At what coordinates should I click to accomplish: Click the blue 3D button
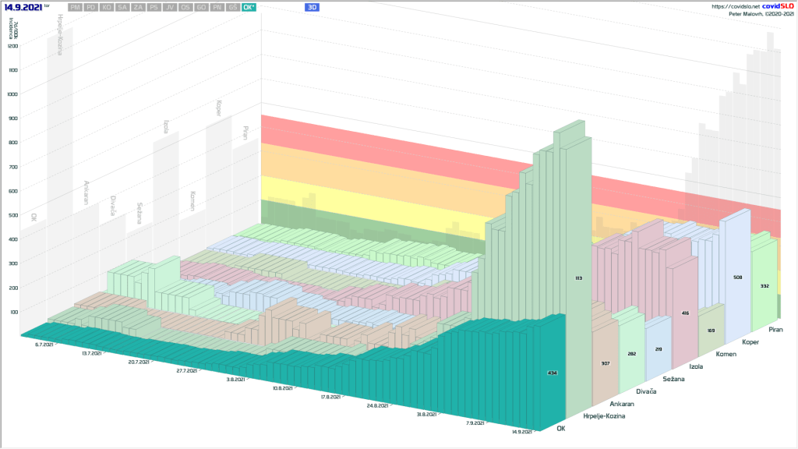(312, 7)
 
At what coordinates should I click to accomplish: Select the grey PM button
(75, 7)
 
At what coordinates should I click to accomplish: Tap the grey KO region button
(107, 7)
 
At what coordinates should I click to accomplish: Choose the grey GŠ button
(233, 7)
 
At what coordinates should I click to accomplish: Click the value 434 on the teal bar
(552, 373)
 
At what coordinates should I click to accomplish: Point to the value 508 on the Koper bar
(737, 277)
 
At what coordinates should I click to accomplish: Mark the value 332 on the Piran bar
(764, 286)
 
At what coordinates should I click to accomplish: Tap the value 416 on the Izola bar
(684, 313)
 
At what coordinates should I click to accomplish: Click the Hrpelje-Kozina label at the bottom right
(603, 416)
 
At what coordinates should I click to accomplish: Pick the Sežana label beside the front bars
(673, 379)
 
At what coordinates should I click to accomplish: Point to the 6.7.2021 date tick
(44, 344)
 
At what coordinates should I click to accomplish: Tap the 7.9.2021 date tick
(473, 422)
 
